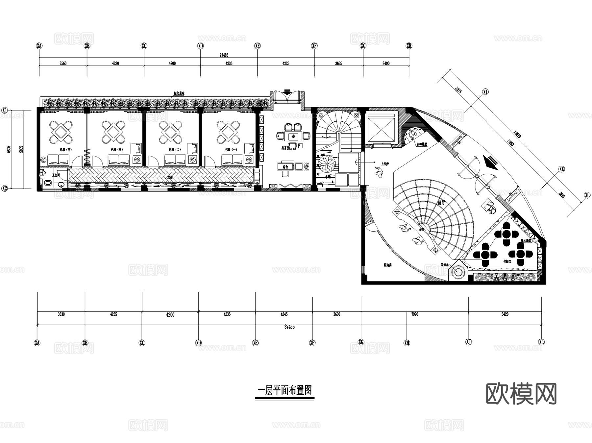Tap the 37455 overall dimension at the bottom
(289, 327)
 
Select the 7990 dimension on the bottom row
(415, 314)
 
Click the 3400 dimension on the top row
(386, 63)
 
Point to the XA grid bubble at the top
(39, 46)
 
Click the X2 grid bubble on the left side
(5, 188)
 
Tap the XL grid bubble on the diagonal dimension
(587, 195)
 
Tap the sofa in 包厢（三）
(119, 160)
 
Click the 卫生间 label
(57, 175)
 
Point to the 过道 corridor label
(170, 177)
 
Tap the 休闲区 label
(507, 262)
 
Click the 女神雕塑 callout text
(422, 144)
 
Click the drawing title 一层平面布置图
(284, 391)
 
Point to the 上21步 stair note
(384, 164)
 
